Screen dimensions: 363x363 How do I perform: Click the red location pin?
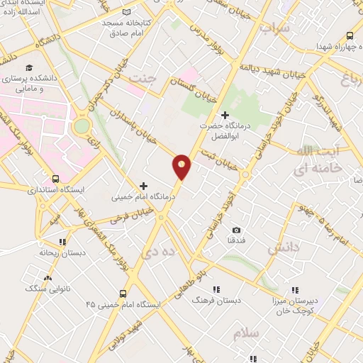pos(181,166)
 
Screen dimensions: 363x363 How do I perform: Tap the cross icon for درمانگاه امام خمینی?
pos(144,186)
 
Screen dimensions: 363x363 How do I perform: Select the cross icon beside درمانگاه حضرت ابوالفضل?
pos(225,115)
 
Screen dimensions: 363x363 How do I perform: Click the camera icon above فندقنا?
pos(236,230)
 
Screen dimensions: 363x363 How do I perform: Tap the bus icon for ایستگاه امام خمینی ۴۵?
pos(123,293)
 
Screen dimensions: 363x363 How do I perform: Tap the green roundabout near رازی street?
pos(83,126)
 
